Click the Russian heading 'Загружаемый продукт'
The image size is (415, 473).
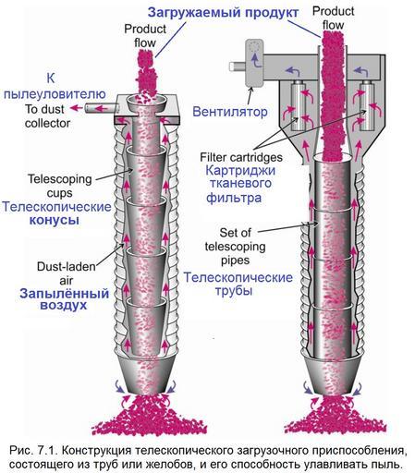click(x=223, y=13)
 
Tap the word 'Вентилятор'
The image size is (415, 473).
click(x=230, y=112)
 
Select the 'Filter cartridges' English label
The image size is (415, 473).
click(x=241, y=157)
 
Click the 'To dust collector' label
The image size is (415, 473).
click(x=48, y=116)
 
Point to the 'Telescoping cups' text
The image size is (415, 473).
click(x=60, y=186)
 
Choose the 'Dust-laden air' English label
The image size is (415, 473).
click(x=67, y=273)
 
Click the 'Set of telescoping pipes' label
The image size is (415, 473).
click(x=235, y=247)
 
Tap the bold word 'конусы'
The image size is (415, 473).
click(x=55, y=220)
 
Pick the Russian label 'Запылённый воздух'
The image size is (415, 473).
click(x=64, y=299)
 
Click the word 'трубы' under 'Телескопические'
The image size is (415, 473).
click(x=234, y=291)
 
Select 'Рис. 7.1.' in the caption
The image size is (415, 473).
click(x=33, y=450)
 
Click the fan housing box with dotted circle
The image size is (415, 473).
click(x=254, y=63)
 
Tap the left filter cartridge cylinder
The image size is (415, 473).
click(x=299, y=105)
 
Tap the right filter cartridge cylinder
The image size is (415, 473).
click(x=367, y=105)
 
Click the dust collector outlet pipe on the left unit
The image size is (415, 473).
click(x=102, y=108)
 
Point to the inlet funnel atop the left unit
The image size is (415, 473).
click(x=147, y=103)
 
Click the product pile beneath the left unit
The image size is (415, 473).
click(x=150, y=416)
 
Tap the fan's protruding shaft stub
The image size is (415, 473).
click(x=238, y=66)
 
